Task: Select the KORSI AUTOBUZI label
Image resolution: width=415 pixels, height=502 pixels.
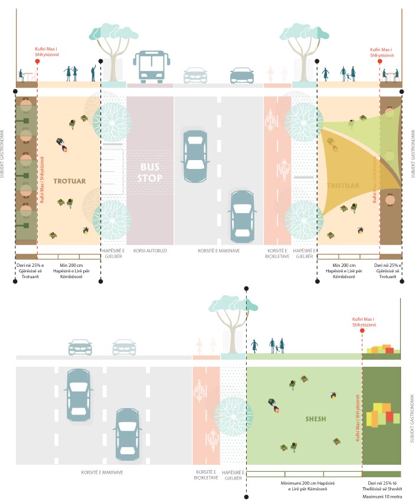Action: coord(150,250)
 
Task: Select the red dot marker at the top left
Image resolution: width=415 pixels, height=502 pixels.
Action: coord(38,60)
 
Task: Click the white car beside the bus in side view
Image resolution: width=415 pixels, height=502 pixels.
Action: coord(195,75)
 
